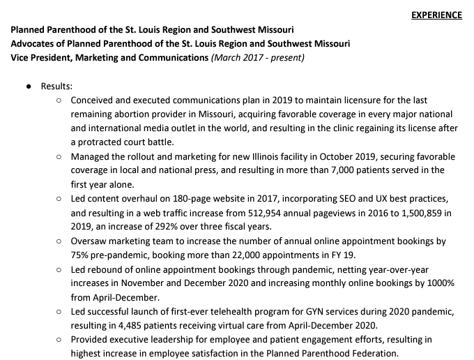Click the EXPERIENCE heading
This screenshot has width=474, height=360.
click(x=436, y=15)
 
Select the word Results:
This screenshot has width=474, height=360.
click(x=56, y=86)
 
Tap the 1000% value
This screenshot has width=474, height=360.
click(x=441, y=283)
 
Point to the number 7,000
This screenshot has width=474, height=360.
click(x=347, y=170)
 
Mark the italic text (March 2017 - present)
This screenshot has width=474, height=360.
click(x=257, y=57)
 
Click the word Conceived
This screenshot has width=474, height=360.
click(x=94, y=100)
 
